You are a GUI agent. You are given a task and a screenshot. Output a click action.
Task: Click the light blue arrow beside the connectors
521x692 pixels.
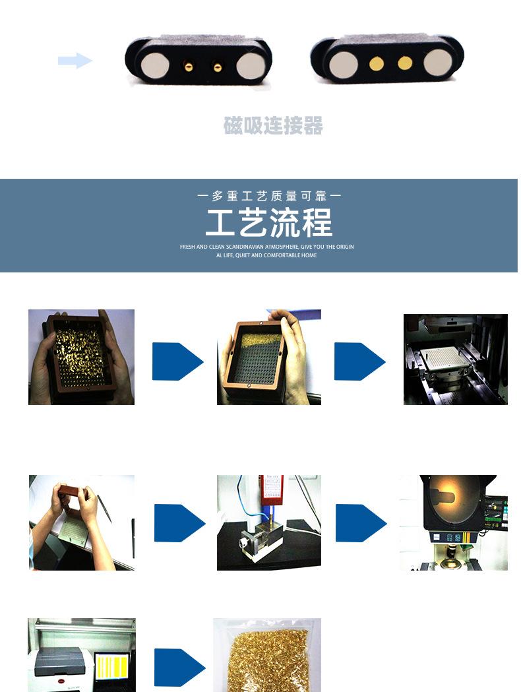(x=75, y=61)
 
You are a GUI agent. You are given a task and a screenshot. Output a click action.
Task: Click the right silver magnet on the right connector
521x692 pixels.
(x=437, y=63)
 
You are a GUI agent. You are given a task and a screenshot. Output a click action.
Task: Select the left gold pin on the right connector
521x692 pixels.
(x=377, y=63)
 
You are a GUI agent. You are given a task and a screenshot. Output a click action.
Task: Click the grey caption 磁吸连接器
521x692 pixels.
(x=273, y=125)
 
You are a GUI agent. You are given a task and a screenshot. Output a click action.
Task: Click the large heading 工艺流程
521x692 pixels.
(x=268, y=222)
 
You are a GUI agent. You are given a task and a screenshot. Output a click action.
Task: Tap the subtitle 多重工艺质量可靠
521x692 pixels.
(x=269, y=196)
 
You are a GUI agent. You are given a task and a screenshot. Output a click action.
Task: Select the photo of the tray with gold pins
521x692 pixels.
(x=81, y=357)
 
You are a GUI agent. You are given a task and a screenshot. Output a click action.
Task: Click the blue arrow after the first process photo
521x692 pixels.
(x=177, y=362)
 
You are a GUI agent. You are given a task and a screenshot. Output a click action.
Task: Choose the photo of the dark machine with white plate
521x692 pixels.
(x=455, y=360)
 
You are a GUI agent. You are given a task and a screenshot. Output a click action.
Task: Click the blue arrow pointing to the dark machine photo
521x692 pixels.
(x=359, y=362)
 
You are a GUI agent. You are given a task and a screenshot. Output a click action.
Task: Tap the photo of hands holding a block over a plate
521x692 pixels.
(x=81, y=522)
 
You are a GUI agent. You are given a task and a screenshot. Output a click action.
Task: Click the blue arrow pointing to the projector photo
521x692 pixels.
(x=360, y=523)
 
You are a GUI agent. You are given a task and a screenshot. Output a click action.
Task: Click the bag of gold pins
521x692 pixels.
(x=266, y=656)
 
